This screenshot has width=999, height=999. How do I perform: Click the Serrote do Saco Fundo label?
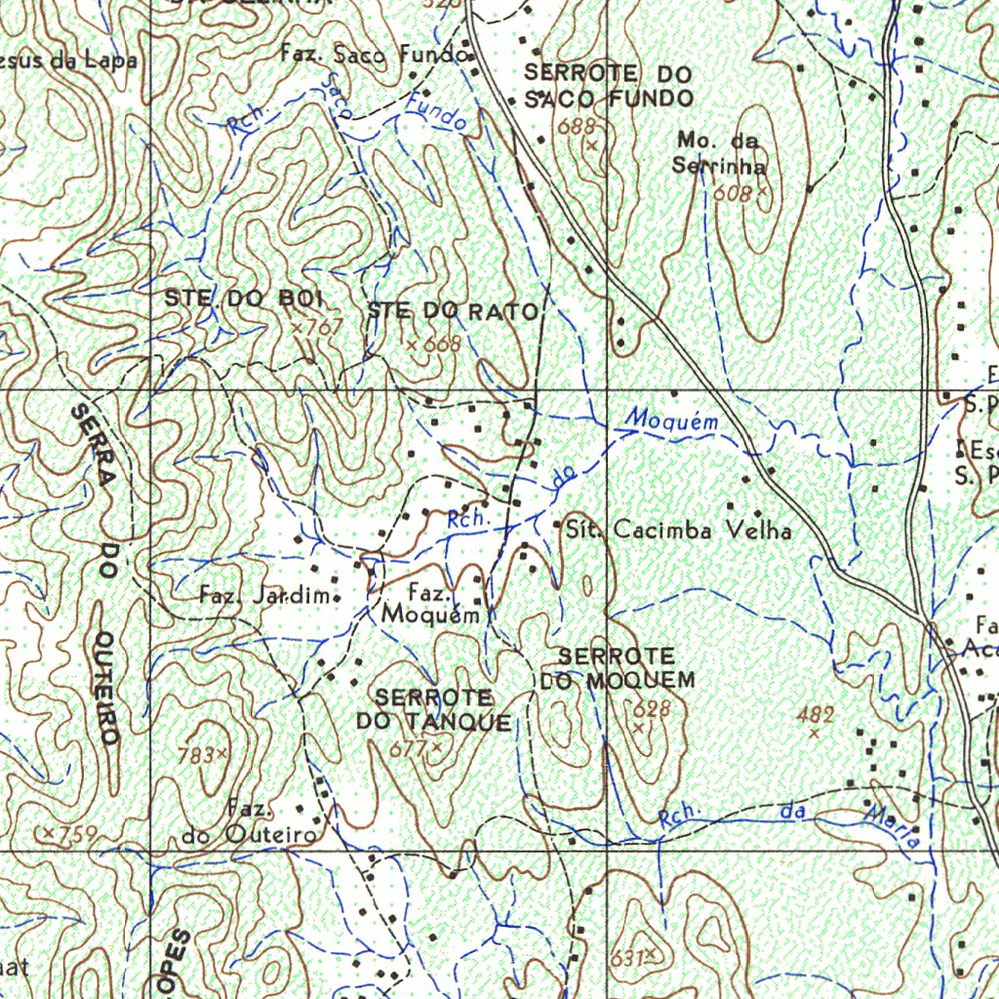[608, 86]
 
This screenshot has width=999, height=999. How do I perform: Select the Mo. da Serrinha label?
[719, 153]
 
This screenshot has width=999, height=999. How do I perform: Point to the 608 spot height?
[733, 193]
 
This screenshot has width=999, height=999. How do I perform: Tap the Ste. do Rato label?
[453, 312]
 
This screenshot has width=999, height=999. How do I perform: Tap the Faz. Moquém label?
[430, 604]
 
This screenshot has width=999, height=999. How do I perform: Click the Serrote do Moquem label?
[617, 667]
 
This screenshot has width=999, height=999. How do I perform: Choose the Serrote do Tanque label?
[434, 709]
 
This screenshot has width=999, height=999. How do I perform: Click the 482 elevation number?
[816, 715]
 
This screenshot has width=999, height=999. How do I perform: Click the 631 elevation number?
[627, 957]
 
